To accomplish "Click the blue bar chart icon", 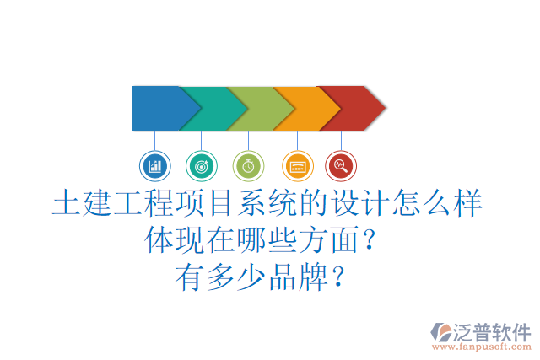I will [x=154, y=165].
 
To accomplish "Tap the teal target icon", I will [x=201, y=165].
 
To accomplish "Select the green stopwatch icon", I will [x=248, y=165].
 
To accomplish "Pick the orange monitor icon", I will [x=296, y=165].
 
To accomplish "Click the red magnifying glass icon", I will [x=341, y=165].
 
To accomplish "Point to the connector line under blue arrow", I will [x=154, y=141].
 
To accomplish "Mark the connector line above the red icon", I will [x=341, y=141].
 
